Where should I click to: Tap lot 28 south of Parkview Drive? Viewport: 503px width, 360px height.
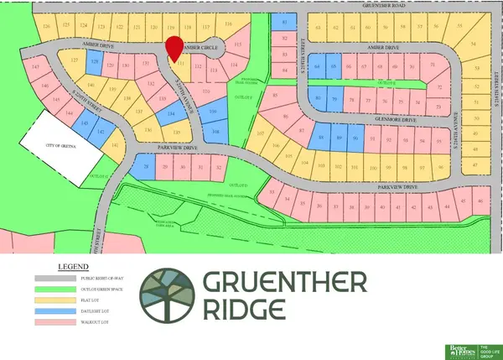point(148,168)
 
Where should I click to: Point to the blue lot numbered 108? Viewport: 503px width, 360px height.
point(215,132)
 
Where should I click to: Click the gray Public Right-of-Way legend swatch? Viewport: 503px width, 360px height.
point(54,277)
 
